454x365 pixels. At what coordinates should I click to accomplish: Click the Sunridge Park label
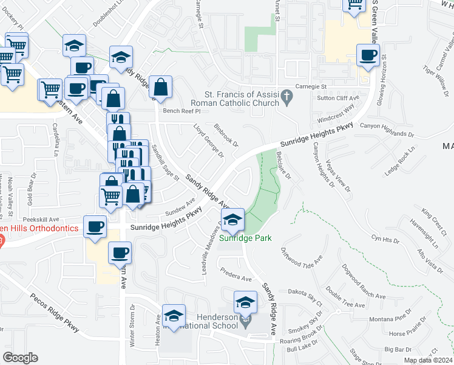245,238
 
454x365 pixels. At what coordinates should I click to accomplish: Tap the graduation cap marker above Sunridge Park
232,220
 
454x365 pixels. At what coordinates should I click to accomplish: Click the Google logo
21,357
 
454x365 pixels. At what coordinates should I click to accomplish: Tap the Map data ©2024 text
428,360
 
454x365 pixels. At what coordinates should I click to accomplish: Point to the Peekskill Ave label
41,219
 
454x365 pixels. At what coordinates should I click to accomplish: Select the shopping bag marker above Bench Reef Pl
161,87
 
